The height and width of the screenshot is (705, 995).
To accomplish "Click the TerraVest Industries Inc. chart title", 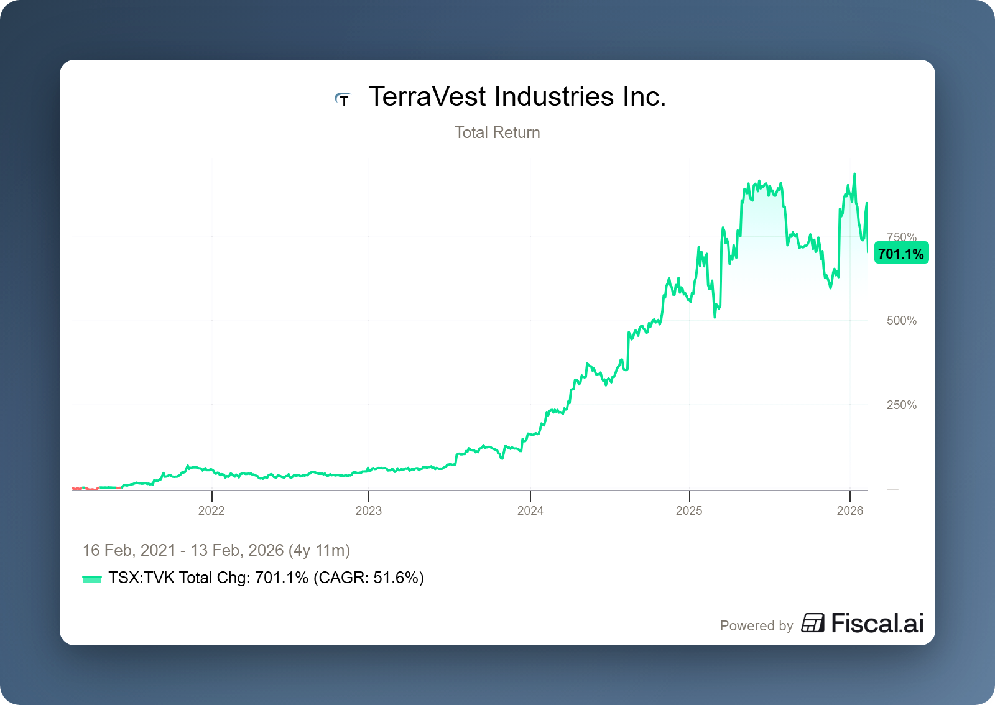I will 517,97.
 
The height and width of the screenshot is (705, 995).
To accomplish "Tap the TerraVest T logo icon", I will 343,99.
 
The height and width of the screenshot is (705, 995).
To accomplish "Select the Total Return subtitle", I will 497,132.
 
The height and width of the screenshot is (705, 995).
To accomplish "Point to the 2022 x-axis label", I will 211,510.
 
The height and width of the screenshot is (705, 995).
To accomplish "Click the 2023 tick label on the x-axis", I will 369,510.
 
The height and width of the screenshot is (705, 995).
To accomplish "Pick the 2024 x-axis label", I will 530,510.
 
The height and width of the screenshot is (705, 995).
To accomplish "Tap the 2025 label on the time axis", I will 689,510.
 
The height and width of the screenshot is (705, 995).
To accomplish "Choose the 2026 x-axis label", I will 850,510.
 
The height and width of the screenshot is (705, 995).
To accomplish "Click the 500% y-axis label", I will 902,321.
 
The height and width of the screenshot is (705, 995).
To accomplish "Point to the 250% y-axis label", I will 902,405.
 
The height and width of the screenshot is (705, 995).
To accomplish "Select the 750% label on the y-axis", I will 902,236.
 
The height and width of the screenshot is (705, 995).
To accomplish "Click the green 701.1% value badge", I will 901,254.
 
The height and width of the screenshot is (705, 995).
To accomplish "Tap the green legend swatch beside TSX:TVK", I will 91,579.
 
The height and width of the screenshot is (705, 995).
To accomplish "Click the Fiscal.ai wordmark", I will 877,624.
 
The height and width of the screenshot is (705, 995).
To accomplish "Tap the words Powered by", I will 756,626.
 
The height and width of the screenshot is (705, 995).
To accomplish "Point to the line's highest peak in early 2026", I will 854,175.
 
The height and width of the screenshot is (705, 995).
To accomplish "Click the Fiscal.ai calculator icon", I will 813,623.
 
